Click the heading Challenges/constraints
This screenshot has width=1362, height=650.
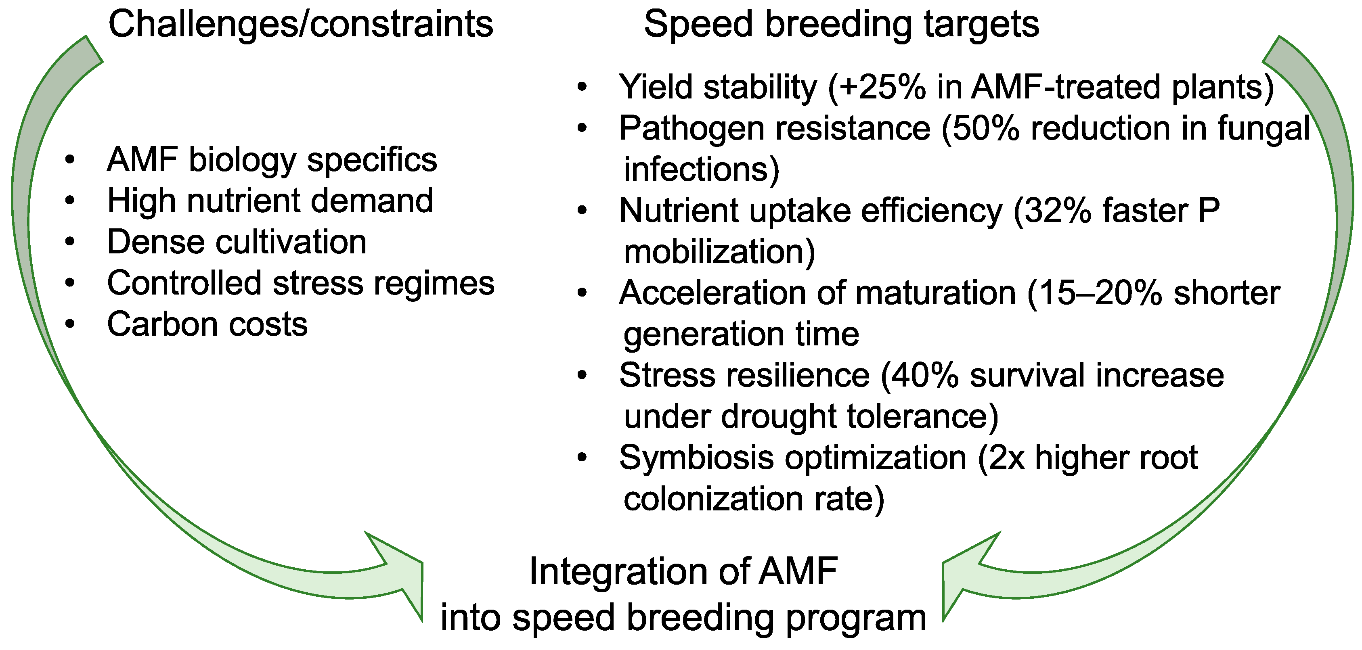coord(300,25)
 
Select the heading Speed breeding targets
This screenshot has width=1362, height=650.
coord(841,25)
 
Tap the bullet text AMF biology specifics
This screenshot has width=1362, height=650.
coord(272,160)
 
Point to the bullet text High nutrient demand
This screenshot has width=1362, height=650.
coord(270,201)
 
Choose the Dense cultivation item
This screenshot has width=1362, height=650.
coord(237,242)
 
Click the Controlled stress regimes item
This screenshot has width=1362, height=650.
coord(301,283)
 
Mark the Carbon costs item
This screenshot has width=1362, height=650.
coord(207,324)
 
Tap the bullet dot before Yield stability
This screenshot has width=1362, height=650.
coord(582,87)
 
